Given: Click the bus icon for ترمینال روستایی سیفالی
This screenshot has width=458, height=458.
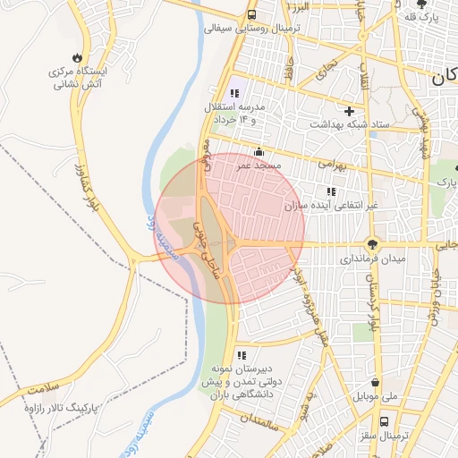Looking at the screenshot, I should (252, 14).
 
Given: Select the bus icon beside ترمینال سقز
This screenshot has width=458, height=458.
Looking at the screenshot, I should (384, 421).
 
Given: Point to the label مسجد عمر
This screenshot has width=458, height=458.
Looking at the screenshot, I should (260, 165).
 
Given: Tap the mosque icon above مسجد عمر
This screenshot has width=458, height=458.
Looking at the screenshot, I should (259, 151).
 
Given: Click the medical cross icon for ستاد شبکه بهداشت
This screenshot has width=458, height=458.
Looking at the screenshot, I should (347, 109).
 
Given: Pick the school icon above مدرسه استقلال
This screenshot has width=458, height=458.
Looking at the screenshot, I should (234, 93).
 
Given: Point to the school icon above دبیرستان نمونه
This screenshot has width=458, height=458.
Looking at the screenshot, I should (241, 355).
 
